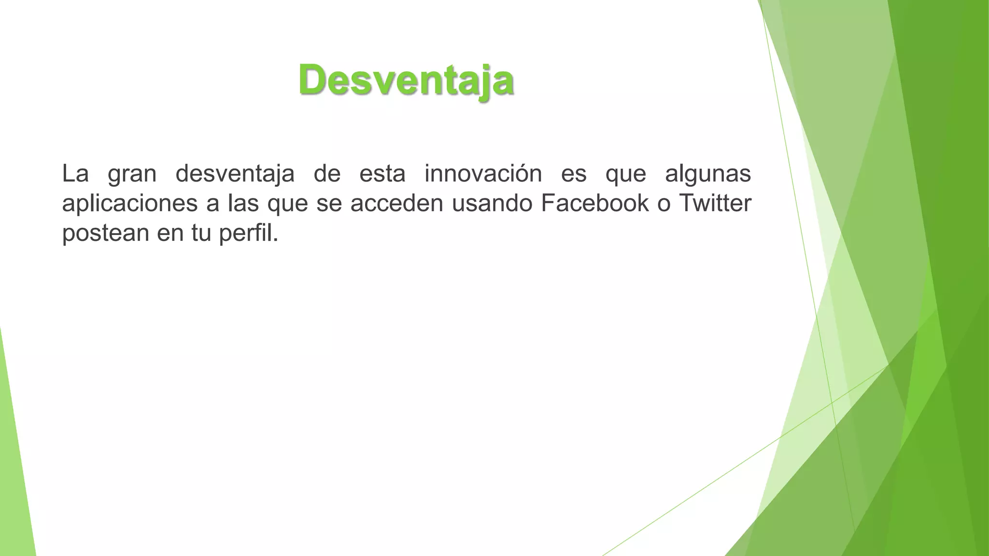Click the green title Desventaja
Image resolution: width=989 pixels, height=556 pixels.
406,80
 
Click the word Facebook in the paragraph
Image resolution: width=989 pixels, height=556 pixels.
594,203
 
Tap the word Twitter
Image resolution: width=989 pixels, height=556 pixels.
715,203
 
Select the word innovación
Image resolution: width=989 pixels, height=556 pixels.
483,173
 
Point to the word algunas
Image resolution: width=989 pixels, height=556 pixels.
707,173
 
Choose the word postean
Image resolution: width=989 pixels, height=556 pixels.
106,233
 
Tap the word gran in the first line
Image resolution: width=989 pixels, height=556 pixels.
132,174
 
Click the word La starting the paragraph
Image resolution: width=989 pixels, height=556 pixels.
75,173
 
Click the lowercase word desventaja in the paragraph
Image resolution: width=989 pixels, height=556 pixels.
235,173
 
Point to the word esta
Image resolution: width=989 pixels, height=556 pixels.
382,173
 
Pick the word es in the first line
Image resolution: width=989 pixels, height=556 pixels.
574,173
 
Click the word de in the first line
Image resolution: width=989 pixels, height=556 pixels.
327,173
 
